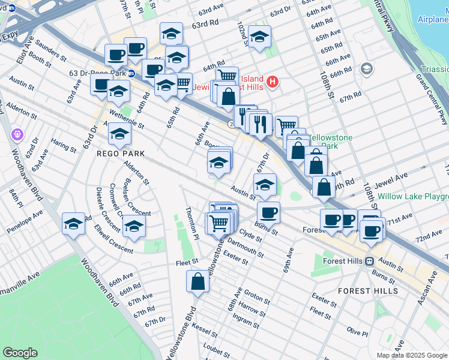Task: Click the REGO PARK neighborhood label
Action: click(x=121, y=154)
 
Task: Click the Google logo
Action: click(x=20, y=353)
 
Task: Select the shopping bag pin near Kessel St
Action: click(x=198, y=281)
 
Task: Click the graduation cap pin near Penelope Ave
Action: click(x=74, y=224)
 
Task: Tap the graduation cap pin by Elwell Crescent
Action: click(x=134, y=226)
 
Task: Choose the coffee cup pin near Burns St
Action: click(x=268, y=212)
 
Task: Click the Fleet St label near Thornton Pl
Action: click(x=187, y=262)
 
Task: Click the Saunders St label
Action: click(x=51, y=50)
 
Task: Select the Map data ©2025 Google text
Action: click(x=411, y=355)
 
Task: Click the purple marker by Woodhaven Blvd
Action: click(x=16, y=133)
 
